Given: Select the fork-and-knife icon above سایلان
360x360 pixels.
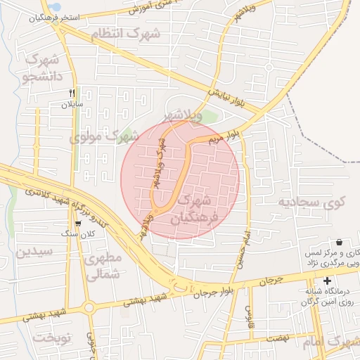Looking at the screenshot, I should tap(72, 93).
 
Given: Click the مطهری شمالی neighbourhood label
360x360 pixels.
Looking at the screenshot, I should tap(103, 266).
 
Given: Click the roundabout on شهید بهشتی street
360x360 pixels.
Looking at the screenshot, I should tap(89, 307).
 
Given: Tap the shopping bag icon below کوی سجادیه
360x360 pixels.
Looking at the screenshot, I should tap(339, 242).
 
